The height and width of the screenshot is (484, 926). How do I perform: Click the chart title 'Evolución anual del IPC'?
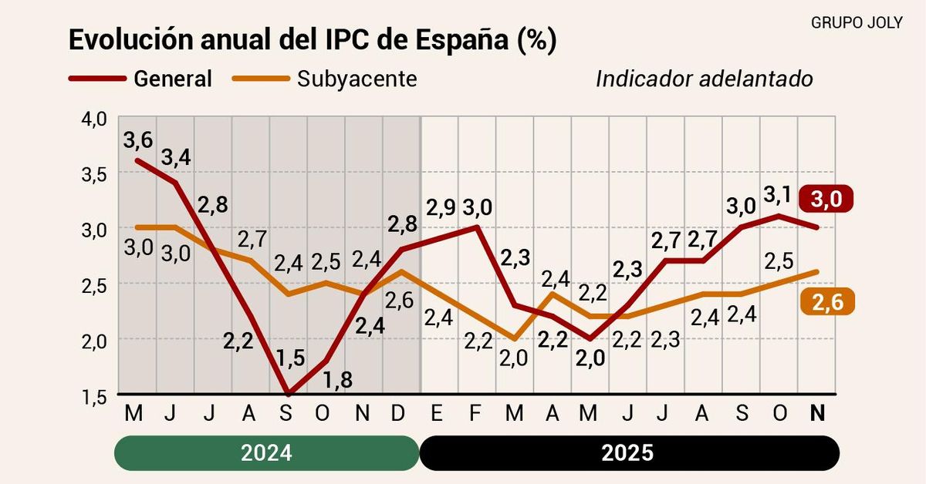(312, 41)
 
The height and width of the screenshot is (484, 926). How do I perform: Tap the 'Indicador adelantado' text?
(705, 79)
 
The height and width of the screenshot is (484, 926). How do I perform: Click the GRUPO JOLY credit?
(857, 22)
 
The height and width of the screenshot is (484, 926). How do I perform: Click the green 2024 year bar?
(266, 452)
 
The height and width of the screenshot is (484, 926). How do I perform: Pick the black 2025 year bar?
(629, 452)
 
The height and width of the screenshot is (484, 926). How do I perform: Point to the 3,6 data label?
(137, 140)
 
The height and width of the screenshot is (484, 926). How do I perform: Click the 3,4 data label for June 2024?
(175, 157)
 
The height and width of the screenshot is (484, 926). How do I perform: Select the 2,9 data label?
(441, 207)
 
